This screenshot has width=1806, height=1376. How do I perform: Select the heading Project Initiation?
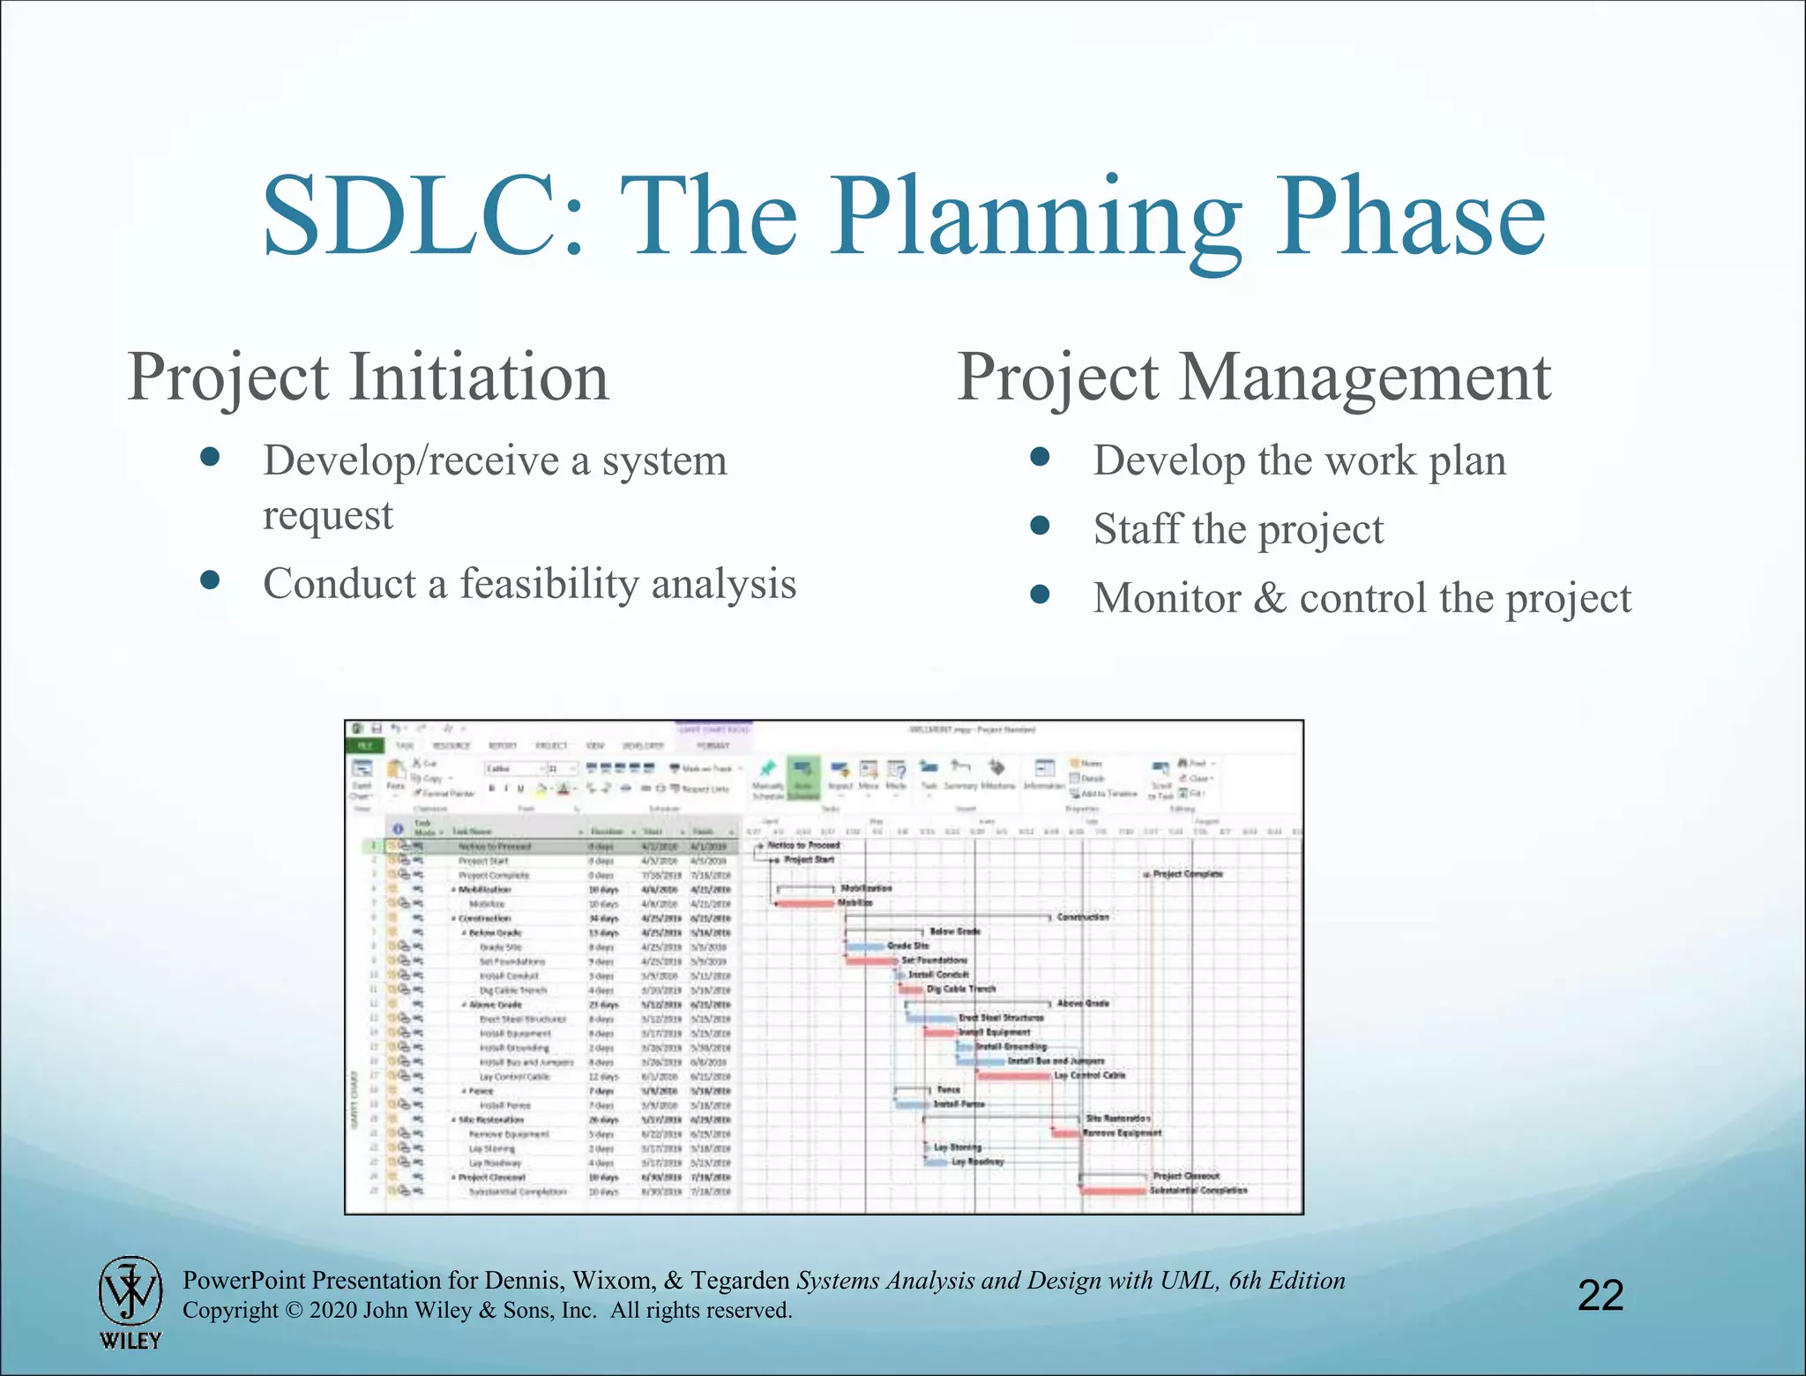[x=368, y=378]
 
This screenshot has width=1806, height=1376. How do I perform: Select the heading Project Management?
[x=1253, y=378]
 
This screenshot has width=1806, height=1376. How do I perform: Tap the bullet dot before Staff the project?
[x=1041, y=526]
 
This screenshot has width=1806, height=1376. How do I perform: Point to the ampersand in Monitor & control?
[x=1269, y=598]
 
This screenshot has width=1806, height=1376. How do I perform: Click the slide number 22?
[x=1600, y=1295]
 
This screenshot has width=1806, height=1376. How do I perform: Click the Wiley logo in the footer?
[x=131, y=1302]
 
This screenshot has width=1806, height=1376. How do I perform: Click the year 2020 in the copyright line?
[x=332, y=1311]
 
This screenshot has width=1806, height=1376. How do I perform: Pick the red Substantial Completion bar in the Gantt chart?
[x=1114, y=1191]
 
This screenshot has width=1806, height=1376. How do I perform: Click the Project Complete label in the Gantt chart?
[x=1187, y=874]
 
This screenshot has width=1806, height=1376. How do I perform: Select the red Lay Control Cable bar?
[x=1014, y=1076]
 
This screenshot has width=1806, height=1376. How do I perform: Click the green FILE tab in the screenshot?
[x=365, y=745]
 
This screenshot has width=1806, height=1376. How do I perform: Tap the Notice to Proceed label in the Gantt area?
[x=803, y=845]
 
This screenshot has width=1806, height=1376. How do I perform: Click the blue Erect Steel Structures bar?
[x=931, y=1019]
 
